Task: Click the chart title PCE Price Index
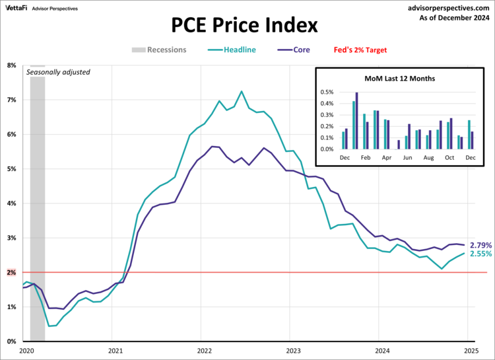(x=245, y=25)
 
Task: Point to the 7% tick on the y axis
(x=12, y=100)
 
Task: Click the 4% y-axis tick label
(x=12, y=203)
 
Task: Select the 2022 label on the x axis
(x=204, y=350)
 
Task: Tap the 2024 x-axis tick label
(x=381, y=350)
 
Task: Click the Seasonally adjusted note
(x=58, y=72)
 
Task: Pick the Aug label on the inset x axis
(x=429, y=159)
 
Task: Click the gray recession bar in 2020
(x=37, y=198)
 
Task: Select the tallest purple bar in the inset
(x=357, y=120)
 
